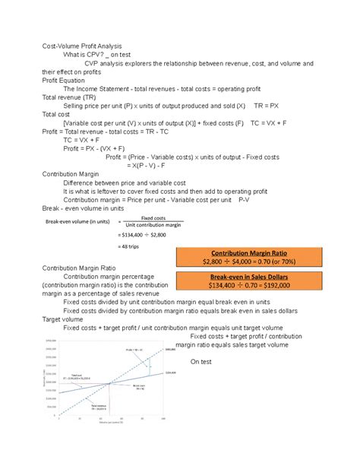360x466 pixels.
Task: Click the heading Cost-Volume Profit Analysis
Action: click(x=81, y=47)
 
